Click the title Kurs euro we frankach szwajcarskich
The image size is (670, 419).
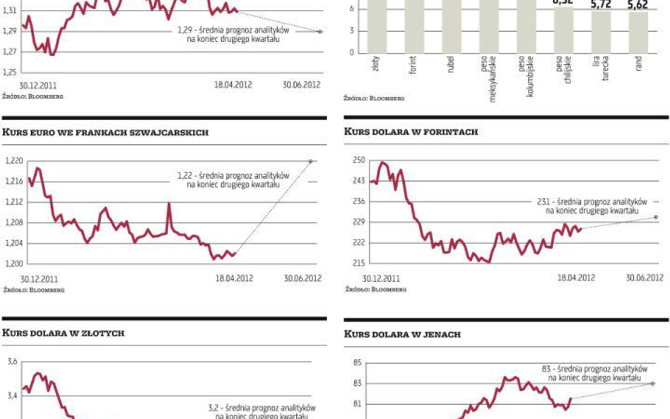tap(106, 133)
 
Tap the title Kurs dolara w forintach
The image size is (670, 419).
tap(411, 131)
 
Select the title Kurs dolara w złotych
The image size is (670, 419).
tap(63, 333)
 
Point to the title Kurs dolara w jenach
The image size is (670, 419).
tap(402, 334)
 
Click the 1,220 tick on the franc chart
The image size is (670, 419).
tap(14, 161)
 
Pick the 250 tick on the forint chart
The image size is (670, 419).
tap(358, 161)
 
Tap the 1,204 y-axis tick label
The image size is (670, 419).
tap(14, 243)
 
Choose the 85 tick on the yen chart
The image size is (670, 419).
tap(358, 362)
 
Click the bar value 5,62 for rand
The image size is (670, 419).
tap(637, 5)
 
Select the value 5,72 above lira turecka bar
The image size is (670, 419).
tap(601, 5)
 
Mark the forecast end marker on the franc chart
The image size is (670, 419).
tap(310, 162)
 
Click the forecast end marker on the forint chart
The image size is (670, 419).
tap(657, 217)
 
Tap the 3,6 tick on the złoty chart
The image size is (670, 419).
tap(12, 362)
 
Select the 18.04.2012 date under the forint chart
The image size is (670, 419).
tap(575, 278)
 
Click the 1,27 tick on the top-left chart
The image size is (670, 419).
tap(9, 52)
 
